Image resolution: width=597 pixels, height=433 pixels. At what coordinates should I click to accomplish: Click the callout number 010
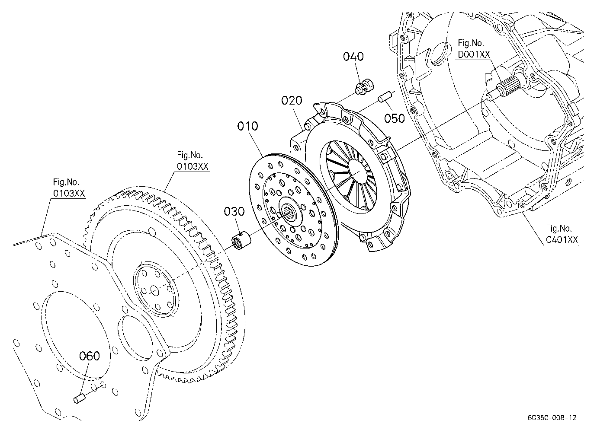coord(247,126)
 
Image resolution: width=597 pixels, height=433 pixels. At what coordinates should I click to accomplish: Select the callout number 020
coord(292,100)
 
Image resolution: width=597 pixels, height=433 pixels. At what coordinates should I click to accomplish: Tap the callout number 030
coord(234,211)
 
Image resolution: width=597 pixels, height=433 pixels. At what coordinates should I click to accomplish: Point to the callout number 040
coord(353,57)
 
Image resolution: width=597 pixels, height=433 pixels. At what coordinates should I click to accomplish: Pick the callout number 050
coord(395,118)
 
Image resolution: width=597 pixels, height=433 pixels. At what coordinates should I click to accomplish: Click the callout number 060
coord(90,356)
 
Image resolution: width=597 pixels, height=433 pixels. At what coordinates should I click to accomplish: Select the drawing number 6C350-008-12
coord(552,417)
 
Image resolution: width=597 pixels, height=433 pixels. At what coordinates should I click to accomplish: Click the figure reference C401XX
coord(562,240)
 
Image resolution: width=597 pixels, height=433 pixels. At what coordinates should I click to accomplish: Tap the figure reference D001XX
coord(474,54)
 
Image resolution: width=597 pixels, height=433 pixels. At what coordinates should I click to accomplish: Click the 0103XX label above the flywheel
coord(193,166)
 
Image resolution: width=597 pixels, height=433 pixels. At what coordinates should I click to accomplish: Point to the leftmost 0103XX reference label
coord(69,193)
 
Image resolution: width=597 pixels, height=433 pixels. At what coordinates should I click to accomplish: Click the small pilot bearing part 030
coord(241,240)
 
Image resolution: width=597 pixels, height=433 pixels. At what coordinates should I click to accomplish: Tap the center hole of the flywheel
coord(154,290)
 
